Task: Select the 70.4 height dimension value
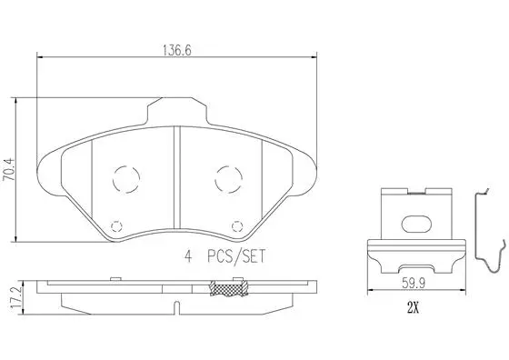point(10,170)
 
